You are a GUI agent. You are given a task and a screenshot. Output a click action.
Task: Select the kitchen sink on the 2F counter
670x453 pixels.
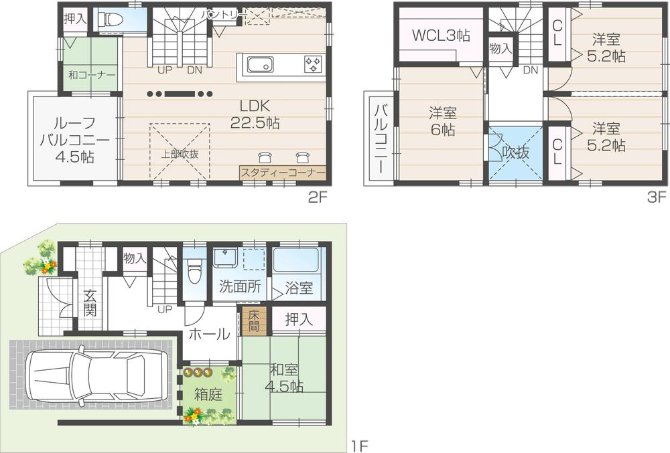[259, 65]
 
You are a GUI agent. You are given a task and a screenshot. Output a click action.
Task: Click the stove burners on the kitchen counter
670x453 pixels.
[313, 64]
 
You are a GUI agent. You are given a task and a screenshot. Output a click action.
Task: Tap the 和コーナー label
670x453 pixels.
[92, 75]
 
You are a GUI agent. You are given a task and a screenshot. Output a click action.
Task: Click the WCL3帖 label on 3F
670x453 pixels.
[440, 35]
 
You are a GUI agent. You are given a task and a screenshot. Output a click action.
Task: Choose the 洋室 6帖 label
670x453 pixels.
[442, 121]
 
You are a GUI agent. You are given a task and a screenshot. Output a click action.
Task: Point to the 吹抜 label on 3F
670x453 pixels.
[515, 152]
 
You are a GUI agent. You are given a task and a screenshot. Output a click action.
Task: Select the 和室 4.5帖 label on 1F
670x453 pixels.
[286, 378]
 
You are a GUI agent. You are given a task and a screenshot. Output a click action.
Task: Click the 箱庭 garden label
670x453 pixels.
[208, 395]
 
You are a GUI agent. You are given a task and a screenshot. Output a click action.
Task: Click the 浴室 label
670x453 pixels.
[298, 289]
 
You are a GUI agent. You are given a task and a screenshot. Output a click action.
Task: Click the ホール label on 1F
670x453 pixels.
[209, 334]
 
